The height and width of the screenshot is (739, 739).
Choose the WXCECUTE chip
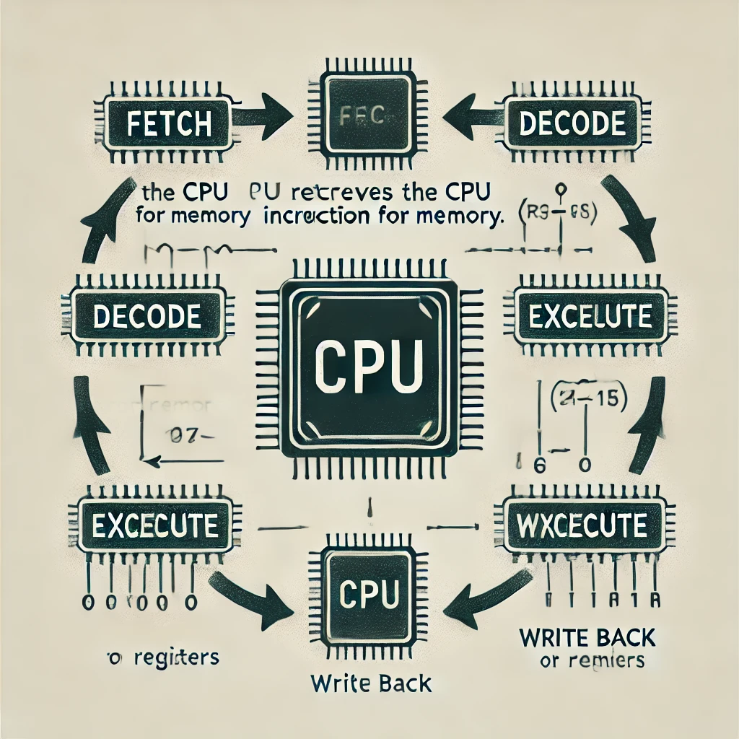pos(582,525)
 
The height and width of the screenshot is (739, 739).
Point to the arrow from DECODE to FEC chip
pos(470,115)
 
